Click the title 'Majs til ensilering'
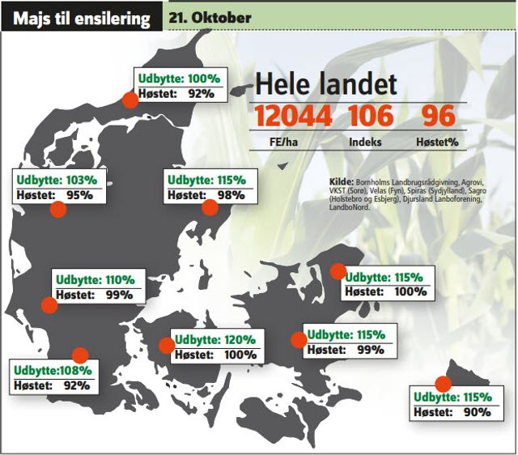(80, 18)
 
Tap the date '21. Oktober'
(210, 17)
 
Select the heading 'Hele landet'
(325, 83)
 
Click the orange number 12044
(293, 116)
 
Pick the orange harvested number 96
(438, 116)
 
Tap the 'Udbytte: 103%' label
(57, 179)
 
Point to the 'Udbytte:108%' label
(53, 370)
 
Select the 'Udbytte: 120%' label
(214, 340)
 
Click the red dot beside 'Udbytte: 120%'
(167, 346)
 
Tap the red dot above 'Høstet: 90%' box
(443, 384)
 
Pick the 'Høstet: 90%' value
(452, 412)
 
